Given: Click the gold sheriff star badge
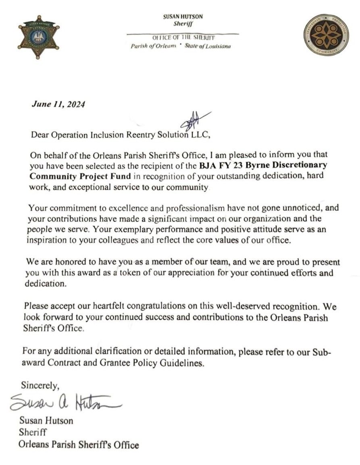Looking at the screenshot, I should (38, 37).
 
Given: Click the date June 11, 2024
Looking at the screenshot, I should (58, 104).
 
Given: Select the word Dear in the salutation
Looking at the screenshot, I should (40, 135).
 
